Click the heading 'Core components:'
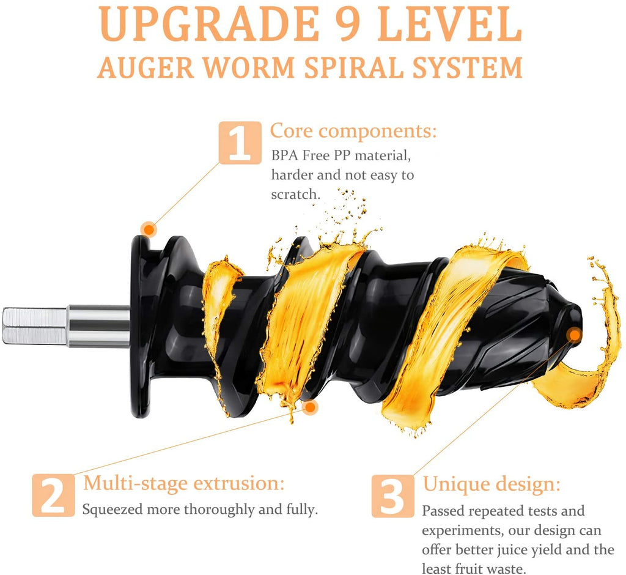pos(353,131)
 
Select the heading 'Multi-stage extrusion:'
pos(184,483)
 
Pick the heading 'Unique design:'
pos(492,484)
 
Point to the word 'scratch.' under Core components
pos(296,194)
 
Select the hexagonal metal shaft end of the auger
pos(34,325)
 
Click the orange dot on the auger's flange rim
pos(149,229)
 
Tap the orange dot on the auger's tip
pos(574,334)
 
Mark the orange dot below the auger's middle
pos(311,407)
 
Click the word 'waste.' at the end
pos(507,569)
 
